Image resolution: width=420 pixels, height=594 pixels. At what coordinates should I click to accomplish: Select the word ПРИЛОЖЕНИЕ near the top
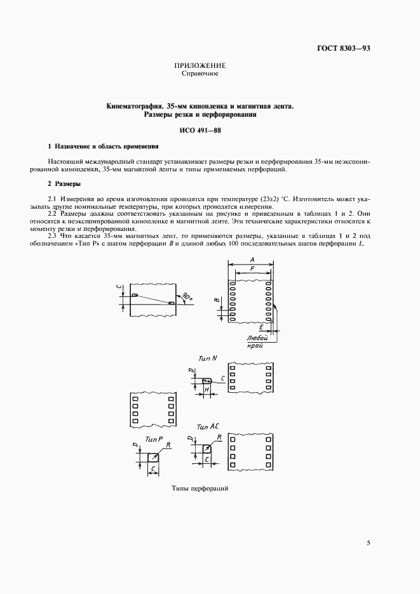click(200, 66)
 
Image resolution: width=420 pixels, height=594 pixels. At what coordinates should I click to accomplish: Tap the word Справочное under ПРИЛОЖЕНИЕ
click(200, 74)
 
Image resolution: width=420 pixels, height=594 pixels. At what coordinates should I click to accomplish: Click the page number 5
click(369, 543)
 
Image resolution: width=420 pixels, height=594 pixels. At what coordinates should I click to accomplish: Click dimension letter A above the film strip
click(252, 260)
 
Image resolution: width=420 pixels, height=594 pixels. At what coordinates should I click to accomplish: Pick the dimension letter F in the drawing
click(254, 268)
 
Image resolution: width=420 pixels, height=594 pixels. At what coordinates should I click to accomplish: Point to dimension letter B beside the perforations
click(216, 300)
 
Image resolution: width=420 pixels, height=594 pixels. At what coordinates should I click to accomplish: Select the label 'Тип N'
click(207, 359)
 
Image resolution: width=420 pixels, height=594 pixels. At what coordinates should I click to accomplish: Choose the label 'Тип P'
click(152, 439)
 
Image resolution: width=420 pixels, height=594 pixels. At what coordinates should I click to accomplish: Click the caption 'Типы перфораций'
click(200, 489)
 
